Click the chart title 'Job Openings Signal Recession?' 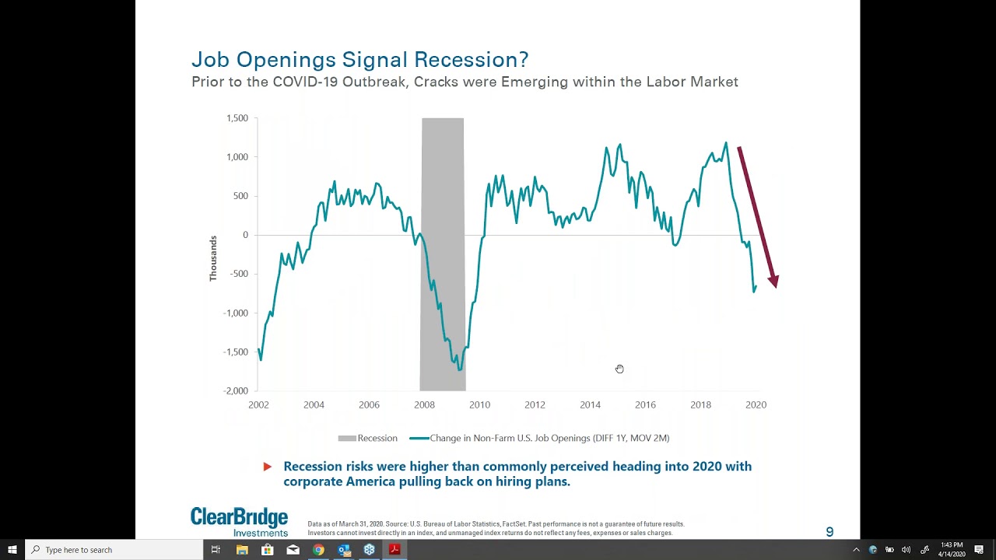(x=359, y=60)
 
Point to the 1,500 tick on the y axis (x=237, y=118)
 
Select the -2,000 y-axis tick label (x=236, y=390)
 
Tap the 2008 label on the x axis (x=424, y=404)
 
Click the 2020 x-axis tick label (x=756, y=404)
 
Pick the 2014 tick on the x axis (x=590, y=404)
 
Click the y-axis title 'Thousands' (x=213, y=258)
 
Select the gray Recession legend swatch (x=347, y=438)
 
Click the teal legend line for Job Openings (x=419, y=438)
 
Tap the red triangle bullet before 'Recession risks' (x=267, y=467)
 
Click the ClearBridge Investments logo (x=239, y=522)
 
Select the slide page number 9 (x=829, y=532)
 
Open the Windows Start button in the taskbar (x=12, y=550)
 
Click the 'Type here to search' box (x=114, y=550)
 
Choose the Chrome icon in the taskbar (x=318, y=550)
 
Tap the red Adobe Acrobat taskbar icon (x=395, y=550)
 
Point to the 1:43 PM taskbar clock (x=952, y=545)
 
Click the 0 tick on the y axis (x=245, y=235)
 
